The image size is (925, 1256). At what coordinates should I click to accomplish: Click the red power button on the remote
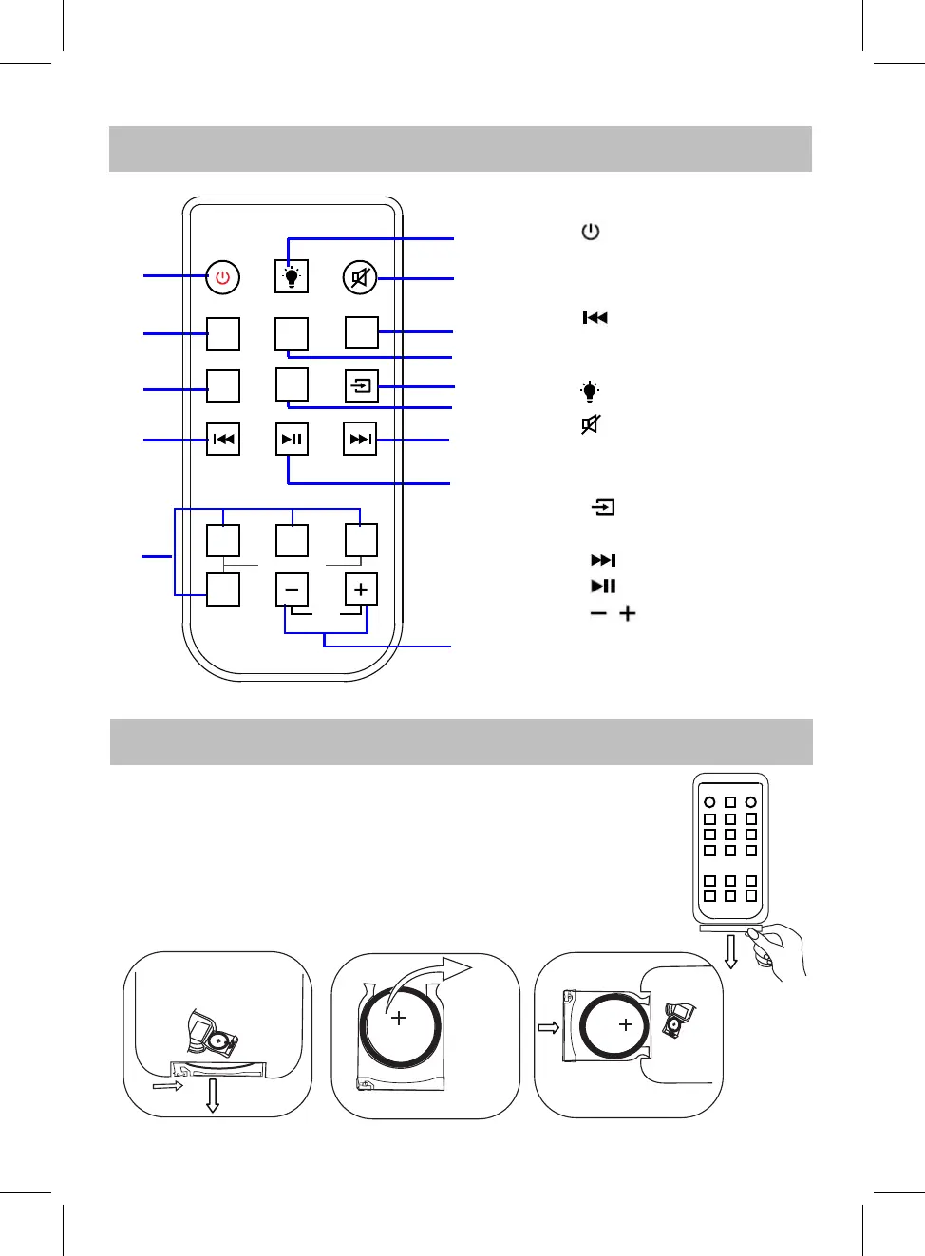click(x=223, y=277)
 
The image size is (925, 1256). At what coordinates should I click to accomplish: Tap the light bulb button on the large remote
click(x=292, y=277)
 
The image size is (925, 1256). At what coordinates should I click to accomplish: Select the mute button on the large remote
click(x=360, y=278)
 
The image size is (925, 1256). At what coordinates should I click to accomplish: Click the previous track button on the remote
click(x=223, y=440)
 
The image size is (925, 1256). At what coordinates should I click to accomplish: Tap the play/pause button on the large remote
click(x=292, y=440)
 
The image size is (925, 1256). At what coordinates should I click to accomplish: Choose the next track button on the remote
click(x=360, y=440)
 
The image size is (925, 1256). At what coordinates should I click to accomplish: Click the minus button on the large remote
click(x=292, y=590)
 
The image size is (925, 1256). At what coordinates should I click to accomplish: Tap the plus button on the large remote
click(x=361, y=590)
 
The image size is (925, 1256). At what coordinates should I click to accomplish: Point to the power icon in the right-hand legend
click(x=591, y=232)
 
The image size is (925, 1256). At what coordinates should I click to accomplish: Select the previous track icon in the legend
click(x=595, y=318)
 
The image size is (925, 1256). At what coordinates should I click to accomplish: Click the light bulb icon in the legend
click(x=590, y=391)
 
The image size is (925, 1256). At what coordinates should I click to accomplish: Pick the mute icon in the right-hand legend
click(x=591, y=424)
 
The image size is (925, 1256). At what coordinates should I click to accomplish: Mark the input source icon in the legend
click(x=603, y=508)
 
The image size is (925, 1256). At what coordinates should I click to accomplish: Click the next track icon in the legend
click(x=603, y=560)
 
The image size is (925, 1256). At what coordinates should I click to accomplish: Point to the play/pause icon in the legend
click(x=603, y=586)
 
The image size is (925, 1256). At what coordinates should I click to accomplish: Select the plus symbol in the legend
click(x=628, y=613)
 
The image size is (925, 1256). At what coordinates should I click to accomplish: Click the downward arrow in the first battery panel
click(x=213, y=1095)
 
